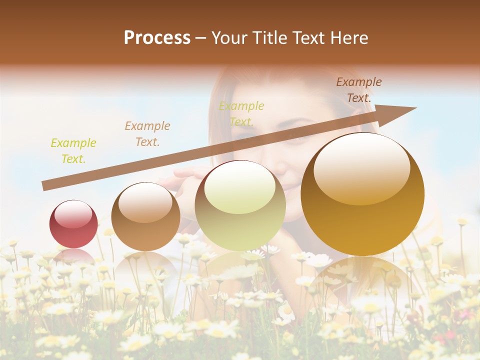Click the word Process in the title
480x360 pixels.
click(x=157, y=38)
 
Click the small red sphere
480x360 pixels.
click(x=73, y=224)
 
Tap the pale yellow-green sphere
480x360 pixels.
click(x=240, y=205)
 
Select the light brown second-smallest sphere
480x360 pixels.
click(x=145, y=216)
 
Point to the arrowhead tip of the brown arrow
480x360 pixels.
click(x=415, y=108)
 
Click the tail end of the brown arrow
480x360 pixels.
click(x=44, y=185)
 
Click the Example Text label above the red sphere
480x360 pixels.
click(x=73, y=151)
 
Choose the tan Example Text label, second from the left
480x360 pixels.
click(x=147, y=134)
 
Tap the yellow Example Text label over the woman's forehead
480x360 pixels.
click(x=241, y=113)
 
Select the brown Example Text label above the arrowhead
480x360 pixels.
click(x=358, y=90)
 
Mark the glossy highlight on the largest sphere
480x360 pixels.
click(x=361, y=167)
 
